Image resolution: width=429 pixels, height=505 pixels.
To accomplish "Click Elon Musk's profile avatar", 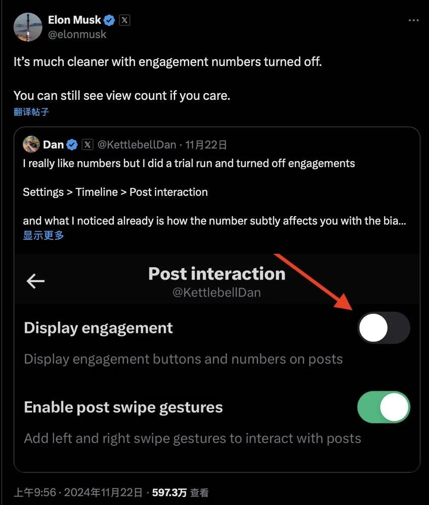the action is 28,27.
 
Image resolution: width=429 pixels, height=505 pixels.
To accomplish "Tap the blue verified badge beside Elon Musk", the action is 109,20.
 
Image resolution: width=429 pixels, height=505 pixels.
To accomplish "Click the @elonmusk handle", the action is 77,34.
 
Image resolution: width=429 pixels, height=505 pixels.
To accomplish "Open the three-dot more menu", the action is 414,20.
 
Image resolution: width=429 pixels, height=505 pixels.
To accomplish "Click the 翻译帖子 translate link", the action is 31,112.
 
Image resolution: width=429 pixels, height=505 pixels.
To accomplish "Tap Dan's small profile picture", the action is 31,144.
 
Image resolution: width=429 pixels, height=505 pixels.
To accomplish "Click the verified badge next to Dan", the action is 72,145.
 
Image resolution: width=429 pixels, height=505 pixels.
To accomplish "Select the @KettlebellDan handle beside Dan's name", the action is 137,144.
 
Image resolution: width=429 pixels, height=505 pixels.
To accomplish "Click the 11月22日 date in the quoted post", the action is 206,144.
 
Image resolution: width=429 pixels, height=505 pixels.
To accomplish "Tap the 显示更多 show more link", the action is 43,235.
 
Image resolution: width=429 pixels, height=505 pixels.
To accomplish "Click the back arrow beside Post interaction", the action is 36,281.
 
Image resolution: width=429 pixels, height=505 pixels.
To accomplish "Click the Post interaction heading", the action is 217,274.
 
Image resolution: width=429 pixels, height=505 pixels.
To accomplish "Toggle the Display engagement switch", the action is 384,328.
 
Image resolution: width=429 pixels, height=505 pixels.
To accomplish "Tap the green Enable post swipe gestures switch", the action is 384,407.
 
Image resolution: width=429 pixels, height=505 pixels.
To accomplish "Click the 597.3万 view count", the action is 169,493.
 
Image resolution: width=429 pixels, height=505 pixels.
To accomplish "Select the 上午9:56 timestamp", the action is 35,493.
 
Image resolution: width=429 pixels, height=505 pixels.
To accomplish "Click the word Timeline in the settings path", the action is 97,192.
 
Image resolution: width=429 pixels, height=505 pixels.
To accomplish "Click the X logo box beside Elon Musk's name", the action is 124,20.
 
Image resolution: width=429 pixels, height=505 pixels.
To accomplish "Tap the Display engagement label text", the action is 98,328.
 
